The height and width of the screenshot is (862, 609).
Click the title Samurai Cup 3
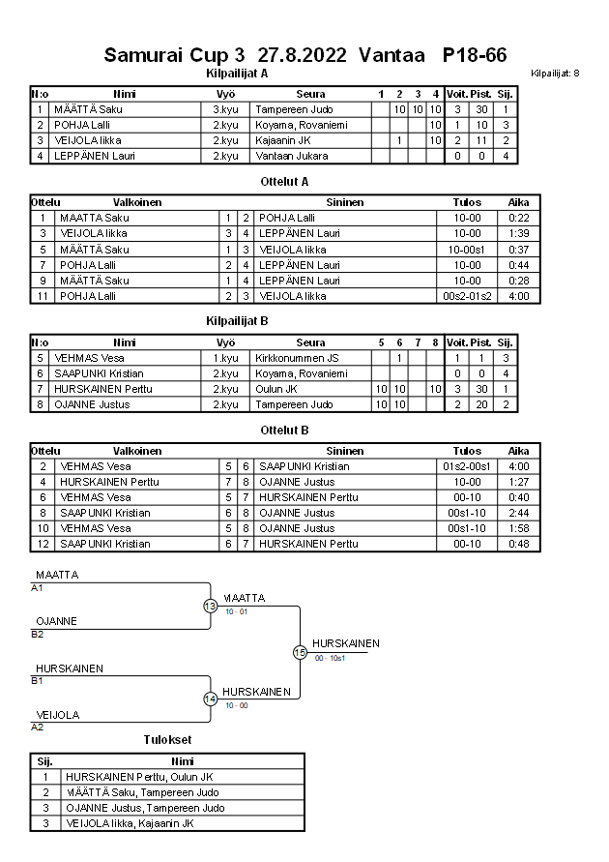[174, 55]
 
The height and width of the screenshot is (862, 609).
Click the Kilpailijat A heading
[237, 73]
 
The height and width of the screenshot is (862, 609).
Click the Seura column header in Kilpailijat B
[310, 342]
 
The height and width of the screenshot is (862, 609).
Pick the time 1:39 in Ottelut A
[518, 233]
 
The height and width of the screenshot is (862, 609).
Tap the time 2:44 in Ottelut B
[518, 513]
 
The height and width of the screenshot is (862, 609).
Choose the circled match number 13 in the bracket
[211, 606]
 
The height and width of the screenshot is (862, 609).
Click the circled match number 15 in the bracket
[300, 653]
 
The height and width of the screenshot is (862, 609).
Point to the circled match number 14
[211, 699]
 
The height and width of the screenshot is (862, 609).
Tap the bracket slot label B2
[38, 635]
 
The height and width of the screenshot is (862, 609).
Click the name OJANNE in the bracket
[56, 621]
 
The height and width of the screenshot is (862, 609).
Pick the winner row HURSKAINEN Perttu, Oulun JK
[139, 776]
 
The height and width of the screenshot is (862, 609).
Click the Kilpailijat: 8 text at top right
[555, 74]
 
